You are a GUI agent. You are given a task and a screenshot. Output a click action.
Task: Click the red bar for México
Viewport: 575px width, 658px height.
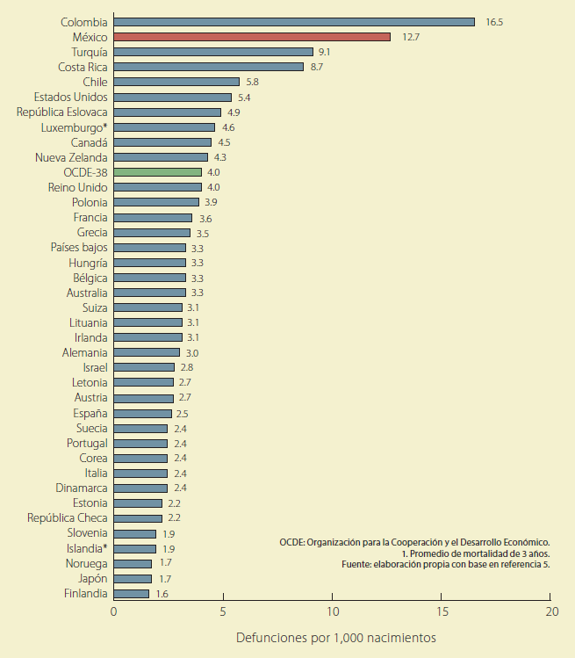252,37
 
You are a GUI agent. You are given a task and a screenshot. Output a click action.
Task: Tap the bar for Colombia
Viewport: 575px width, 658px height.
294,22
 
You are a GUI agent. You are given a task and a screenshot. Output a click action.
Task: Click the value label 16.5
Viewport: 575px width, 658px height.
494,22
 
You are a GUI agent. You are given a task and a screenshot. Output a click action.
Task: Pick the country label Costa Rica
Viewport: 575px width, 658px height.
83,67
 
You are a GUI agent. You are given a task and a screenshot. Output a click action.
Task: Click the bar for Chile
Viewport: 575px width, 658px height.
176,82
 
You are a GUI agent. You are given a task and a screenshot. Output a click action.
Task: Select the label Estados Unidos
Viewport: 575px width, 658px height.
71,97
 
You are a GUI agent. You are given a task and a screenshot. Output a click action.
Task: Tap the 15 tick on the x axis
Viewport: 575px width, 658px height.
442,611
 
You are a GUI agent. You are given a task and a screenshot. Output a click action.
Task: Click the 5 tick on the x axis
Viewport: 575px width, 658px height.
223,611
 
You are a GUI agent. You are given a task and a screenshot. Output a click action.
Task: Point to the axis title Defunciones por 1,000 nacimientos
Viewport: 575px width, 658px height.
335,637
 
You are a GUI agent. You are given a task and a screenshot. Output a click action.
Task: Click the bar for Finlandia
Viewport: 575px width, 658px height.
132,594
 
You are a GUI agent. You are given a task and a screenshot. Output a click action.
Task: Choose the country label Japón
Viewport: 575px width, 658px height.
91,578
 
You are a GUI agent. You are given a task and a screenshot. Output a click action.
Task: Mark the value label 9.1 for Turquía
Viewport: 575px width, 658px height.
324,52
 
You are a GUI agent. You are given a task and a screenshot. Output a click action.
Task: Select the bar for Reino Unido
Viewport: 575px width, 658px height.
158,187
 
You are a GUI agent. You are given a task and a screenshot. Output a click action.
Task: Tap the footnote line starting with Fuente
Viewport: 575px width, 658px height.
446,565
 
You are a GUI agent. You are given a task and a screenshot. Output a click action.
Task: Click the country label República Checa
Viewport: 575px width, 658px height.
68,518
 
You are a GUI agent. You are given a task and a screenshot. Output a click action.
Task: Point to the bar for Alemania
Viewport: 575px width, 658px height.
147,352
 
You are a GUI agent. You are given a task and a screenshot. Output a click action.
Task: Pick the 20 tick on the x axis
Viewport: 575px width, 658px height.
551,611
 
